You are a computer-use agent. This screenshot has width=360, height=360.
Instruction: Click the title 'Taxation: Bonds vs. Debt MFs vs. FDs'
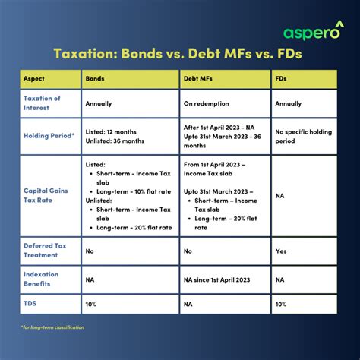click(x=179, y=54)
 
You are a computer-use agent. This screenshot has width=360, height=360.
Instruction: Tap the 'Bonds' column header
click(x=96, y=79)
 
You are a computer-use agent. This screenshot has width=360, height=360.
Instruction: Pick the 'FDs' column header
click(x=282, y=79)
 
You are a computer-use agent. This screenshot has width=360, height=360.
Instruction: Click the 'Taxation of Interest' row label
click(x=42, y=103)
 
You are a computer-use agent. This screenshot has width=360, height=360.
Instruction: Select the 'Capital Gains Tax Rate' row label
click(x=47, y=195)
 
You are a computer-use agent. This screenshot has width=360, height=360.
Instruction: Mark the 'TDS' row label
click(x=30, y=303)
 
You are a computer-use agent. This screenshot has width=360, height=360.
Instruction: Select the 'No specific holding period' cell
click(x=303, y=137)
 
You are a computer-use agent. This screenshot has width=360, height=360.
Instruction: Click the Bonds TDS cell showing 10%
click(x=92, y=303)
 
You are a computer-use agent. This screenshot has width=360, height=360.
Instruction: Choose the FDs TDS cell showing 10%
click(x=282, y=303)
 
